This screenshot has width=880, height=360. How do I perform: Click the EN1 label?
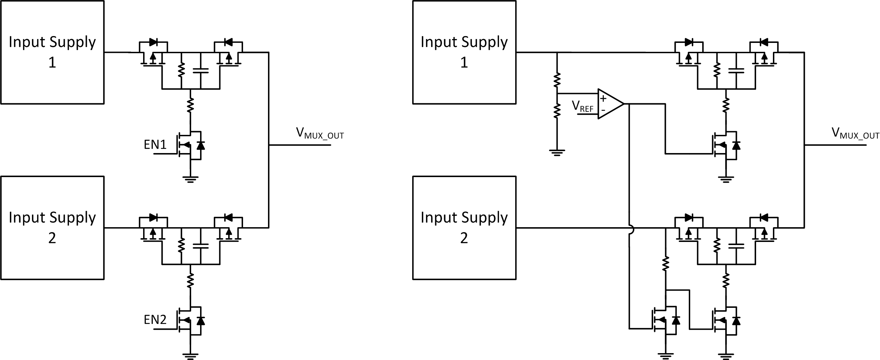(x=155, y=145)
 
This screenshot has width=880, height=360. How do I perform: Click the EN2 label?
(x=155, y=320)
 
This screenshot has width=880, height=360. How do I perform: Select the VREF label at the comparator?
(x=582, y=107)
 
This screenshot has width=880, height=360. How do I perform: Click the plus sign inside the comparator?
(x=603, y=99)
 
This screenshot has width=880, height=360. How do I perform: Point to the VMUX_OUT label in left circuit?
(x=320, y=133)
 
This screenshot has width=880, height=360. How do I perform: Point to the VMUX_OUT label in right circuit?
(x=855, y=133)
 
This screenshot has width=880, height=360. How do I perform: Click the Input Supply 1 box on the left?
(x=52, y=52)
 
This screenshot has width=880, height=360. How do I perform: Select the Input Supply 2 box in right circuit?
(x=464, y=228)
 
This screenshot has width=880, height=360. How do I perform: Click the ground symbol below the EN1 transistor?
(x=190, y=179)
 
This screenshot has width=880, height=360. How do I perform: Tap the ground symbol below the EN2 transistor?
(x=190, y=356)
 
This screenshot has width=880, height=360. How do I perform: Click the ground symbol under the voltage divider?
(x=557, y=152)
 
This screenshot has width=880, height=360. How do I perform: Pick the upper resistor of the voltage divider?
(x=557, y=80)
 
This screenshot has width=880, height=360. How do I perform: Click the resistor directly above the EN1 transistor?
(x=190, y=105)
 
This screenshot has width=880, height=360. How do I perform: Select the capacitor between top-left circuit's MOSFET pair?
(x=201, y=71)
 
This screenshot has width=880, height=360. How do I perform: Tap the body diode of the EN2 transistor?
(x=201, y=321)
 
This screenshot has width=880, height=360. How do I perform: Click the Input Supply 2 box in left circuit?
(x=52, y=228)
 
